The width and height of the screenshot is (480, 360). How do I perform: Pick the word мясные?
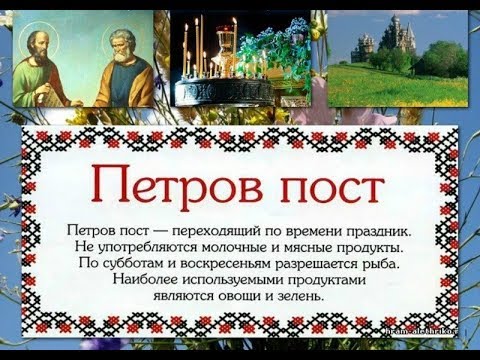[302, 247]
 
